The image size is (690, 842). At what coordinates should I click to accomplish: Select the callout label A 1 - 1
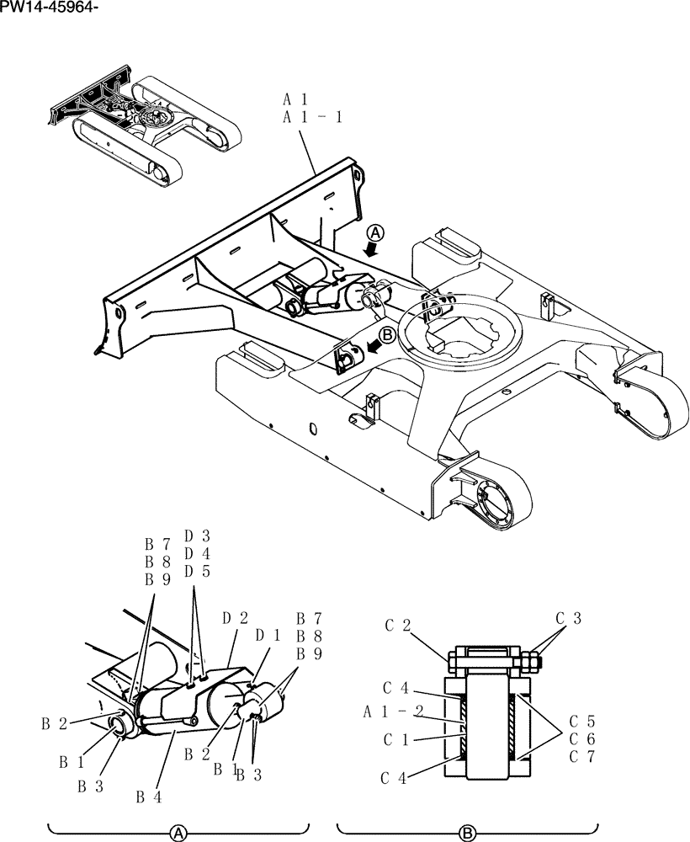[x=312, y=117]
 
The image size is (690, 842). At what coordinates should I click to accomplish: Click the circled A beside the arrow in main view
[x=377, y=232]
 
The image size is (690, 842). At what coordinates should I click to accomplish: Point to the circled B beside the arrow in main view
[x=386, y=333]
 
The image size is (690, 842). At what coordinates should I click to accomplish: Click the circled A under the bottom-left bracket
[x=178, y=833]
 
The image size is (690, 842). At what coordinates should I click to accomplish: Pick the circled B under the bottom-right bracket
[x=468, y=833]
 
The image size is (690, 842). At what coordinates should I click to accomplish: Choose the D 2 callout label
[x=234, y=619]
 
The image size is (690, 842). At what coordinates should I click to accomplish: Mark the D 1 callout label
[x=268, y=634]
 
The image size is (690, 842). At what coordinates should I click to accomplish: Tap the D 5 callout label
[x=197, y=572]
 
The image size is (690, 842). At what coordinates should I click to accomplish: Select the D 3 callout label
[x=197, y=535]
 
